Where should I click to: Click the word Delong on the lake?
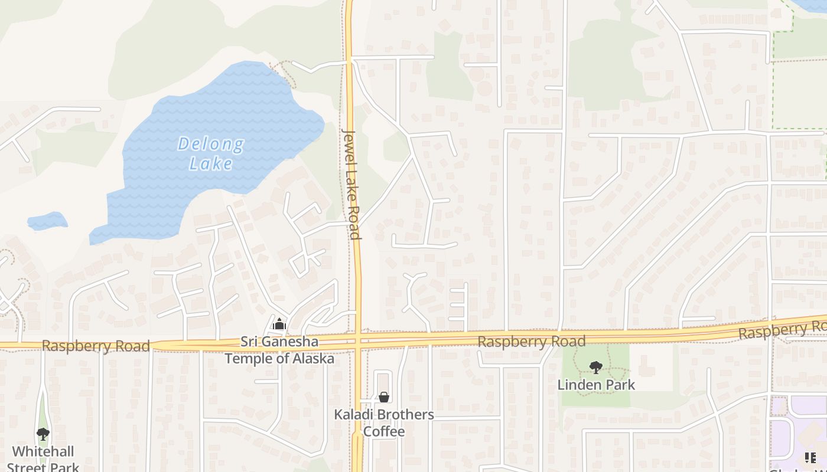(211, 144)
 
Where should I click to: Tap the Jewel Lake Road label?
(351, 183)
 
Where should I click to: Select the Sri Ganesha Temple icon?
(279, 324)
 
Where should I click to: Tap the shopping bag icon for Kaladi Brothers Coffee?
(384, 397)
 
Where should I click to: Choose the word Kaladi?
(354, 415)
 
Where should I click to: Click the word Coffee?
(384, 431)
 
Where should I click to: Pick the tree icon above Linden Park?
(596, 368)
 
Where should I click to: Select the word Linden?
(577, 385)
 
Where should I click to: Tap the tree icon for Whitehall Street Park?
(43, 434)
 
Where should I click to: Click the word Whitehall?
(43, 452)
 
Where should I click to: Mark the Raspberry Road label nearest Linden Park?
(532, 341)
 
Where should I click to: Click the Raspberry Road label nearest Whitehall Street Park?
(96, 346)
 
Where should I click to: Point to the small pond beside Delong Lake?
(47, 221)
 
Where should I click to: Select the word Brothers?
(405, 415)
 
